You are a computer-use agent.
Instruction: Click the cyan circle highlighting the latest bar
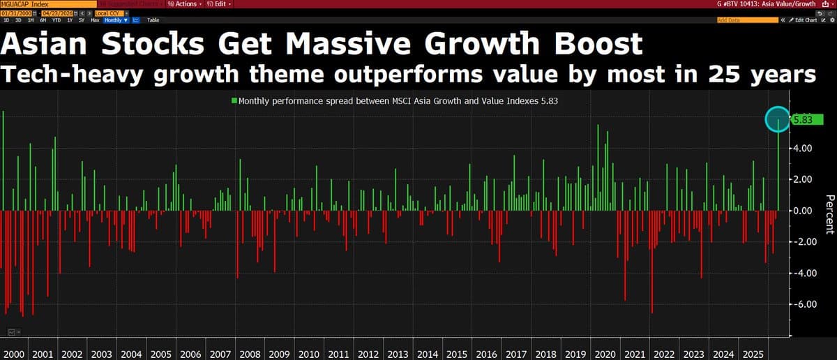pos(778,120)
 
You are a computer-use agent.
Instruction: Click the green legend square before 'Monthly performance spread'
pos(234,100)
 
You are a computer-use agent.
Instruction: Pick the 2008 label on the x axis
pos(250,354)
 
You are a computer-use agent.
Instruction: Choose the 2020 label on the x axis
pos(605,354)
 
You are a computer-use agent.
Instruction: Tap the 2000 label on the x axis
pos(15,354)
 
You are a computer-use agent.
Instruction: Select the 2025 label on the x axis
pos(753,354)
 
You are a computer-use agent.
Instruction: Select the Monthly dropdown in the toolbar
pos(116,20)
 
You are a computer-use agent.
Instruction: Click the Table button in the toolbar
pos(153,20)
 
